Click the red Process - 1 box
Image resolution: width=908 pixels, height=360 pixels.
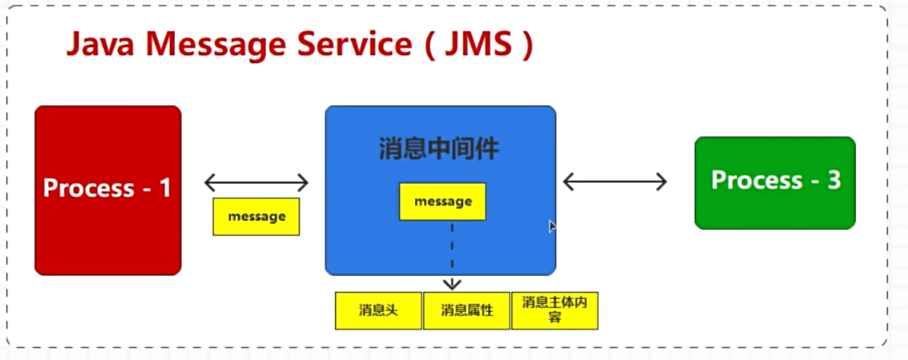coord(108,233)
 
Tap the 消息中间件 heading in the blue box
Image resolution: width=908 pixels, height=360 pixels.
coord(439,149)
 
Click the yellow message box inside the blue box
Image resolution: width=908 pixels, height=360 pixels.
coord(442,202)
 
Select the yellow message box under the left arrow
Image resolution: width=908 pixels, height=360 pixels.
coord(256,216)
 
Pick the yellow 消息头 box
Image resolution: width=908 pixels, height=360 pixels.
coord(378,310)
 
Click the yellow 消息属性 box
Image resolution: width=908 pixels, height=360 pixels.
coord(466,310)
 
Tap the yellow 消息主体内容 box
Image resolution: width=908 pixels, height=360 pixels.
coord(555,310)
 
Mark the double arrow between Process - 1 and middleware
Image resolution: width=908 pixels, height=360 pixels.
coord(256,183)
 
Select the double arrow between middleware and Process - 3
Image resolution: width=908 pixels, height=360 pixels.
coord(615,182)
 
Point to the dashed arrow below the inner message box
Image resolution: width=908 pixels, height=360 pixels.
coord(452,257)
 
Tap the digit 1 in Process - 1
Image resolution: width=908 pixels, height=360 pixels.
coord(165,188)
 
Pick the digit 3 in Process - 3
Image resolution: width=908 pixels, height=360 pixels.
coord(833,180)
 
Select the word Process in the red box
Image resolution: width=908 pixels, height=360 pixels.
coord(89,188)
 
